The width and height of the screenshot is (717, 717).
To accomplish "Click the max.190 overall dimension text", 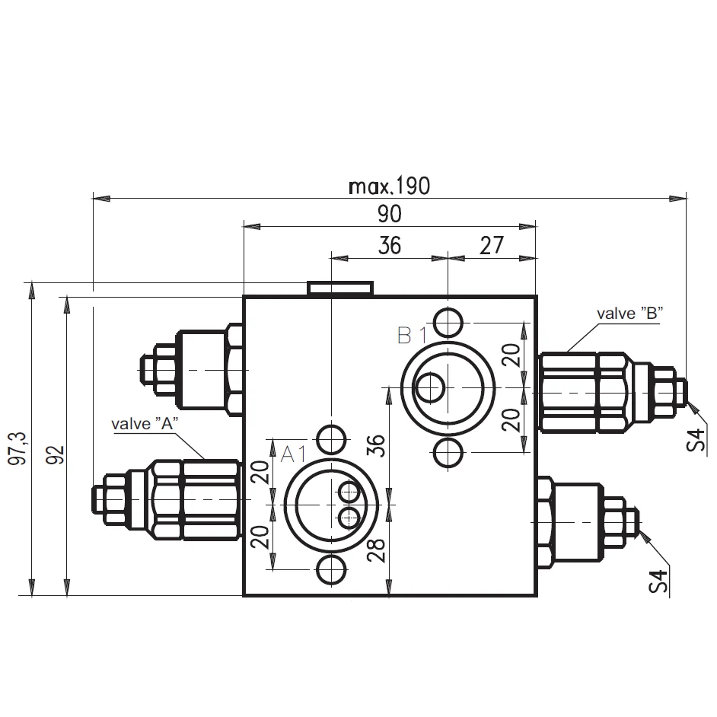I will pos(388,186).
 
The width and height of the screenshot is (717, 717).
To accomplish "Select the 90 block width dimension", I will pos(389,215).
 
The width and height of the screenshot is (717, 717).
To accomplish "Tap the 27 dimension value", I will pos(492,246).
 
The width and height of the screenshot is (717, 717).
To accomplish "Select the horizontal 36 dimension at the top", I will pos(389,246).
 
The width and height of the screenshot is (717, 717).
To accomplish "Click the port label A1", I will pos(294,454).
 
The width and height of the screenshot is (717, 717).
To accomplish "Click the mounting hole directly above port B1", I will pos(448,321).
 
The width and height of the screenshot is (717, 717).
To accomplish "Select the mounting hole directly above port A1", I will pos(332,438).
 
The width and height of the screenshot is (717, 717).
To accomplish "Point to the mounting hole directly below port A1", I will pos(332,569).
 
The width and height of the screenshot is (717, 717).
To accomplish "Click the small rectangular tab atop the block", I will pos(340,288).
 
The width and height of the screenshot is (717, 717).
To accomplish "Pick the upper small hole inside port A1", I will pos(350,492).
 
